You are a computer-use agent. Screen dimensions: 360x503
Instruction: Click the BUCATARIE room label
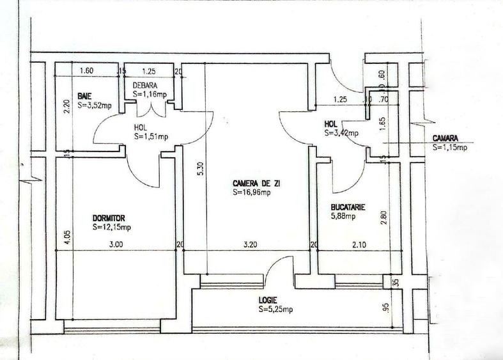tap(348, 208)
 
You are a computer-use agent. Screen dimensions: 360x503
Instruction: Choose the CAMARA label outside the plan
tap(446, 138)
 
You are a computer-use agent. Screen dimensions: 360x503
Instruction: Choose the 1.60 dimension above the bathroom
tap(87, 71)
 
